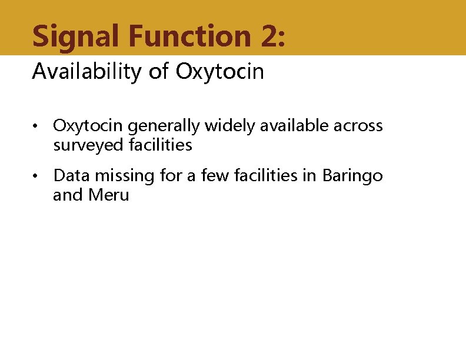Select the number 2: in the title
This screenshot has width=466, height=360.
271,36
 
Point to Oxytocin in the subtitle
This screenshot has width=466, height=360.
220,72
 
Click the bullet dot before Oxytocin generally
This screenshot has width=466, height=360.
36,126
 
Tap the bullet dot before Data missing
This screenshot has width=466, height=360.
36,176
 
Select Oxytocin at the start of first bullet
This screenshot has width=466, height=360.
88,126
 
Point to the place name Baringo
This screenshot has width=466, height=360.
352,175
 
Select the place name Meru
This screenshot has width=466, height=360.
108,195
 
